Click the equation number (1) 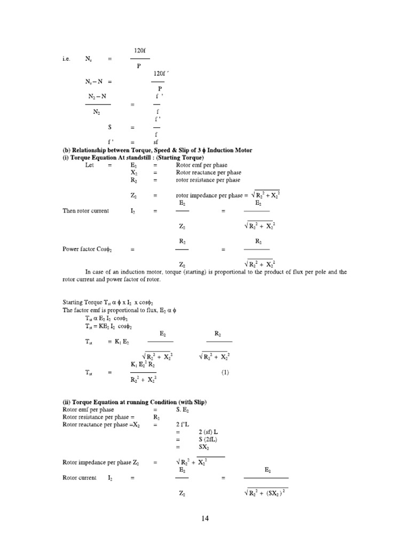point(225,373)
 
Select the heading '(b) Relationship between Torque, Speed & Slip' point(157,151)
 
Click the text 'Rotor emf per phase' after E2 point(201,165)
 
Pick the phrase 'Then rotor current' point(85,211)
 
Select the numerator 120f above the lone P point(140,50)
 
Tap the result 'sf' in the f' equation point(156,142)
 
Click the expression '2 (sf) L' point(210,432)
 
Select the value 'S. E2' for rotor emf point(183,409)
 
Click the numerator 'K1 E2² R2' point(143,364)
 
